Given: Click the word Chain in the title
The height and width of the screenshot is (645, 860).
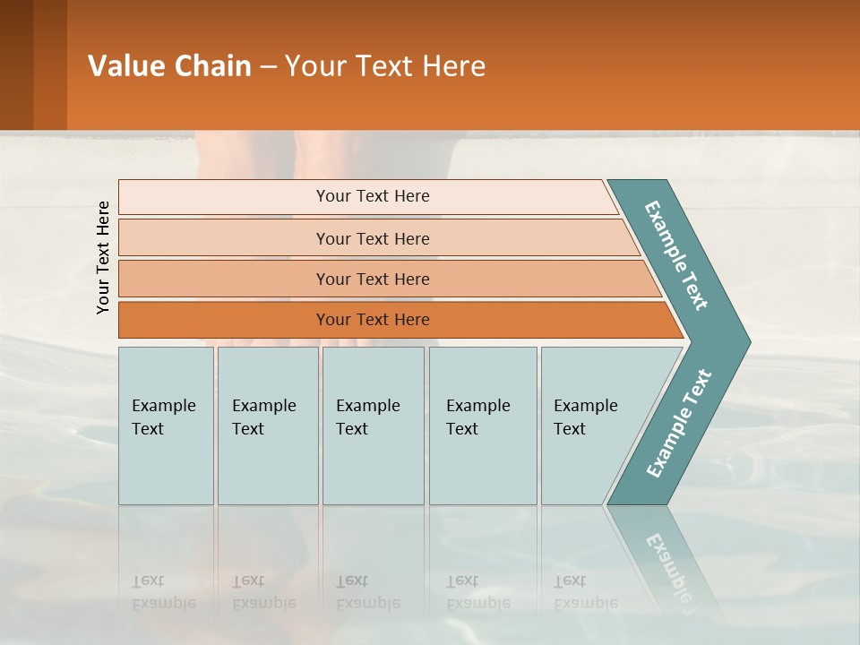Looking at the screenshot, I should (212, 66).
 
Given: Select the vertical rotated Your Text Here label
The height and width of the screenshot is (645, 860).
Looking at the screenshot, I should (103, 257).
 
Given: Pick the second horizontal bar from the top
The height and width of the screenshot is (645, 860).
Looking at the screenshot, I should (372, 238).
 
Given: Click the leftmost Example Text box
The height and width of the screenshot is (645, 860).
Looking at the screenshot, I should (166, 426).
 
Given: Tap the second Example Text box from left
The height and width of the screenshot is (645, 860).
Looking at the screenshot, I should (268, 426).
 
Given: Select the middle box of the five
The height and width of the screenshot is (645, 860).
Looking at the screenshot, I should (373, 426).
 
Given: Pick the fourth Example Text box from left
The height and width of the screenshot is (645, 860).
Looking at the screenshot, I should (483, 426).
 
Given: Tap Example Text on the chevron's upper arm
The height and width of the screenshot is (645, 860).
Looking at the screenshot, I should (676, 255).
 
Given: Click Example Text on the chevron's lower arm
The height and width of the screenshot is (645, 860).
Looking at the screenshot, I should (678, 424).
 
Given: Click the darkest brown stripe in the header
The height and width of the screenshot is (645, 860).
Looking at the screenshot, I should (16, 64).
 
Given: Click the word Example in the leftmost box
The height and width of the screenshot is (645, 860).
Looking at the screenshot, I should (163, 406).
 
